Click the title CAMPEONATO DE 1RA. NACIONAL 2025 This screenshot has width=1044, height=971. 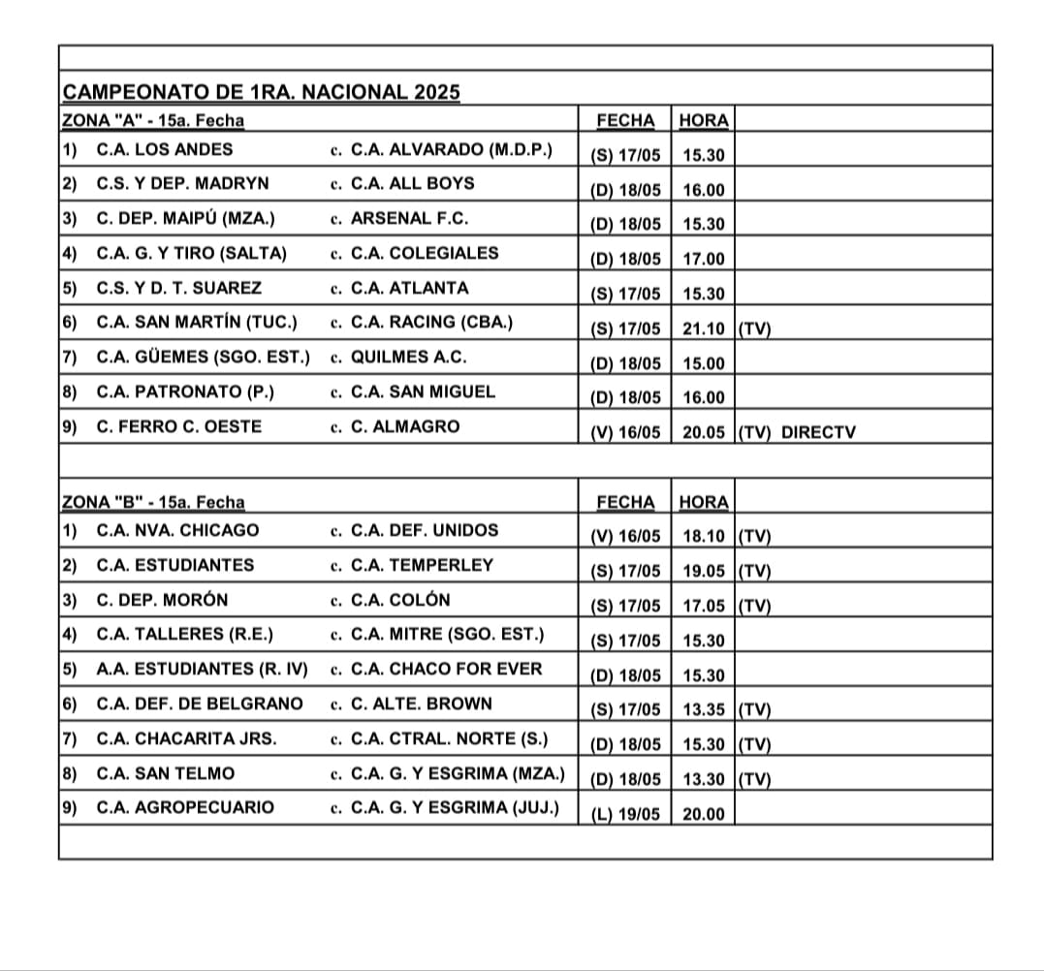click(x=261, y=93)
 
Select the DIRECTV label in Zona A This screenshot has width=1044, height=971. click(x=818, y=433)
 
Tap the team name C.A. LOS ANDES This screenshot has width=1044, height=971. click(x=165, y=149)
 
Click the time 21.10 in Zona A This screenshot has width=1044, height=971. click(x=703, y=329)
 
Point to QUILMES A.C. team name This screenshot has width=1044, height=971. click(x=408, y=357)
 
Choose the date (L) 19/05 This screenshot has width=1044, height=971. click(x=625, y=814)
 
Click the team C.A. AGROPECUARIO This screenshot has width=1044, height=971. click(x=185, y=807)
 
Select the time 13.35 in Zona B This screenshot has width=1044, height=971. click(x=703, y=710)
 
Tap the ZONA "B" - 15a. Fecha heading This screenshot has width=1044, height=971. click(x=153, y=502)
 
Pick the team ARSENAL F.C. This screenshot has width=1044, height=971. click(x=409, y=218)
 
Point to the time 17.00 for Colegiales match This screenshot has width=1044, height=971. click(x=703, y=260)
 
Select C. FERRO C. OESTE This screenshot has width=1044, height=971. click(x=179, y=426)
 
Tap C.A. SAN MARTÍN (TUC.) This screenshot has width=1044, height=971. click(x=197, y=322)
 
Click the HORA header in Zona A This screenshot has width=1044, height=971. click(x=704, y=121)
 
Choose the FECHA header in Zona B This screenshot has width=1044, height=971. click(x=625, y=502)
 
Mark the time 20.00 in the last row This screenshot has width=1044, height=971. click(x=703, y=814)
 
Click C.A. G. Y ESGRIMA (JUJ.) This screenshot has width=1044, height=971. click(x=455, y=807)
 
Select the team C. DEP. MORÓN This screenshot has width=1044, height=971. click(x=163, y=600)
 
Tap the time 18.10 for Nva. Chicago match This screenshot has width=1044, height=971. click(x=703, y=537)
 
